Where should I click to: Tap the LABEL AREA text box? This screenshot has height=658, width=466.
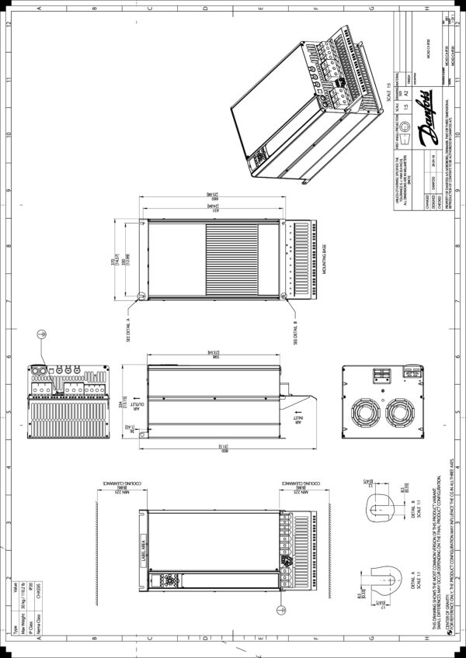click(144, 553)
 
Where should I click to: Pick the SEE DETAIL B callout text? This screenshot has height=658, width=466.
click(295, 328)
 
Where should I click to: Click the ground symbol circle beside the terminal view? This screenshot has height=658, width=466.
click(43, 334)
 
